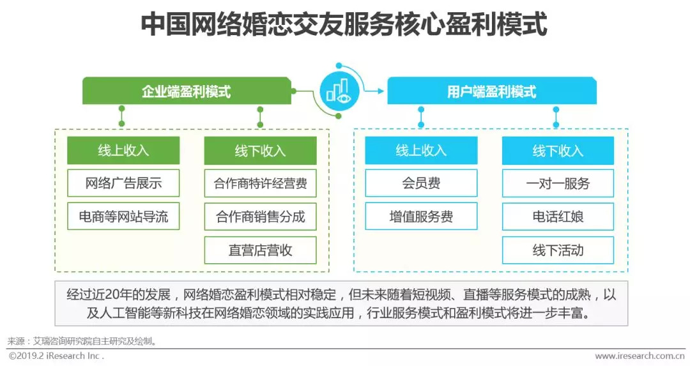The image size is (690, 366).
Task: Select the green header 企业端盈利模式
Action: [x=186, y=91]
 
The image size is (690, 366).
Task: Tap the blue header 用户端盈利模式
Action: [x=491, y=91]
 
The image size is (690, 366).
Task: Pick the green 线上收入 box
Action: [x=123, y=151]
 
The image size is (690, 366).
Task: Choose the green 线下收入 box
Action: [x=260, y=151]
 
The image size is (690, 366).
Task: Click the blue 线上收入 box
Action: [x=421, y=151]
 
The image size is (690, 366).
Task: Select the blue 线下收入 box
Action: [x=558, y=151]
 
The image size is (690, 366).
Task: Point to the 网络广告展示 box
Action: [x=123, y=183]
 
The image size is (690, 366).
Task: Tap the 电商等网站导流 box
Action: [x=123, y=217]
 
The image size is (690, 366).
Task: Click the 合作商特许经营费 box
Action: [x=260, y=183]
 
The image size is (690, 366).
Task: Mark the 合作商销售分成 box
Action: [x=260, y=217]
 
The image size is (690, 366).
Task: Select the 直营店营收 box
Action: [x=260, y=250]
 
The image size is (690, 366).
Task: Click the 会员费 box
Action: [x=421, y=183]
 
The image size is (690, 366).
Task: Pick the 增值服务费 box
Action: [x=421, y=217]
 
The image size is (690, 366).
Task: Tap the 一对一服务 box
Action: [x=558, y=183]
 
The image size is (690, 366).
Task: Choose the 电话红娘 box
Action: [x=558, y=217]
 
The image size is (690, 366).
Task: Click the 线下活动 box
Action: [x=558, y=250]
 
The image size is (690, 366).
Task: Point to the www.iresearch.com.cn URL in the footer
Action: [x=640, y=356]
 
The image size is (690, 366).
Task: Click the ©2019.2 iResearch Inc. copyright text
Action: [x=56, y=356]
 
